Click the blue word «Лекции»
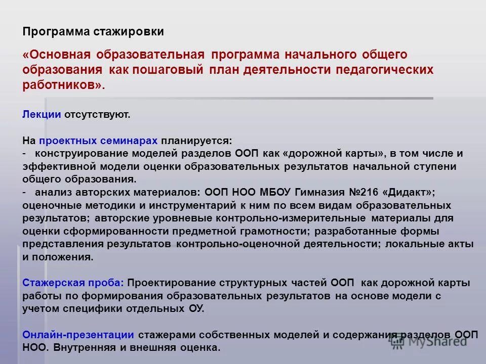(42, 114)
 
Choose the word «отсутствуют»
(97, 114)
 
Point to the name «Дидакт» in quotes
(411, 193)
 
